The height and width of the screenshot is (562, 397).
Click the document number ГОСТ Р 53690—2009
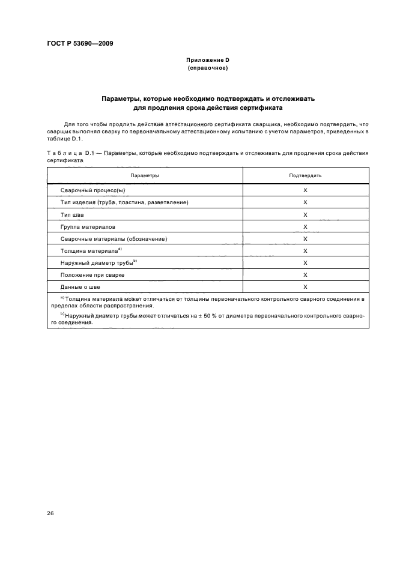pos(79,44)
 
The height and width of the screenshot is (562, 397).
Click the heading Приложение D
pos(207,61)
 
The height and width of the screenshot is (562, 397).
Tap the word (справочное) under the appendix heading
pos(207,68)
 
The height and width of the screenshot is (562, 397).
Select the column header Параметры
pos(145,175)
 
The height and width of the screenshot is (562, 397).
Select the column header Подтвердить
pos(305,175)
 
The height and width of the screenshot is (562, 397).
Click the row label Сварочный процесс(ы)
pos(92,190)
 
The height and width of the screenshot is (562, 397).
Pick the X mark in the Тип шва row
pos(305,214)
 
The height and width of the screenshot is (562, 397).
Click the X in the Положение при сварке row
pos(305,274)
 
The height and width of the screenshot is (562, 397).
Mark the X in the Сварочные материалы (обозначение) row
pos(305,238)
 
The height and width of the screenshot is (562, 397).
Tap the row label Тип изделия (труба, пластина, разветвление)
pos(124,202)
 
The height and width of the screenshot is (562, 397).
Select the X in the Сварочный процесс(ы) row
pos(305,190)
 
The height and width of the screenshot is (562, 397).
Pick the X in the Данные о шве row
pos(305,287)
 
